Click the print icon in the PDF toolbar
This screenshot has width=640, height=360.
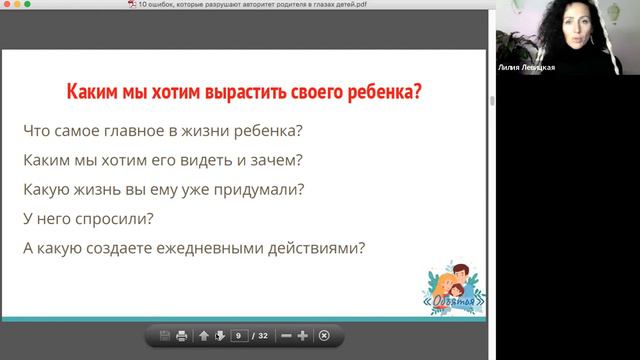pos(182,335)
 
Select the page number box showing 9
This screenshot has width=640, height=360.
pos(238,335)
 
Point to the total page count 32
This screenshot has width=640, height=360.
pos(262,335)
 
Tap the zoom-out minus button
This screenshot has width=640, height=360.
pos(286,335)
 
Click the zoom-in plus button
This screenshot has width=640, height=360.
pos(303,335)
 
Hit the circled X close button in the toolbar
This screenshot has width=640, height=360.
pos(323,335)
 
